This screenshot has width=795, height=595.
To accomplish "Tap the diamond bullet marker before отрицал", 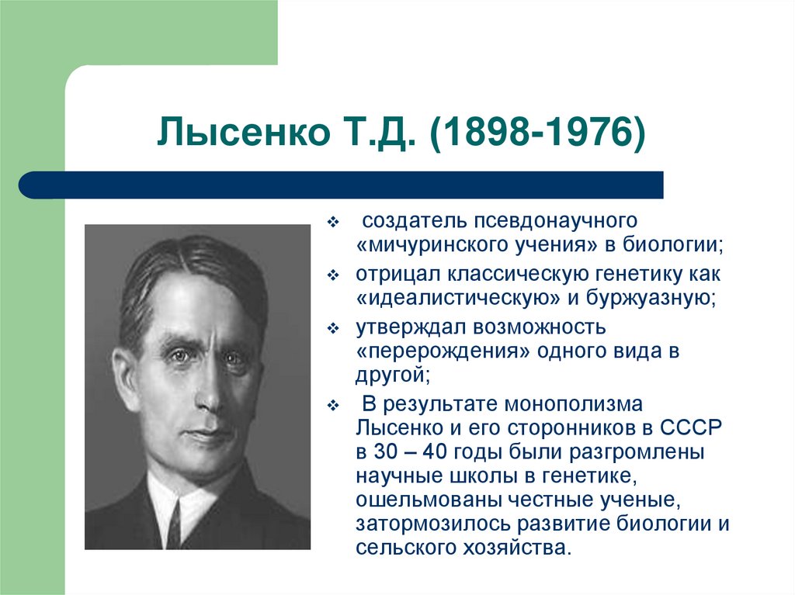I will click(x=333, y=275).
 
